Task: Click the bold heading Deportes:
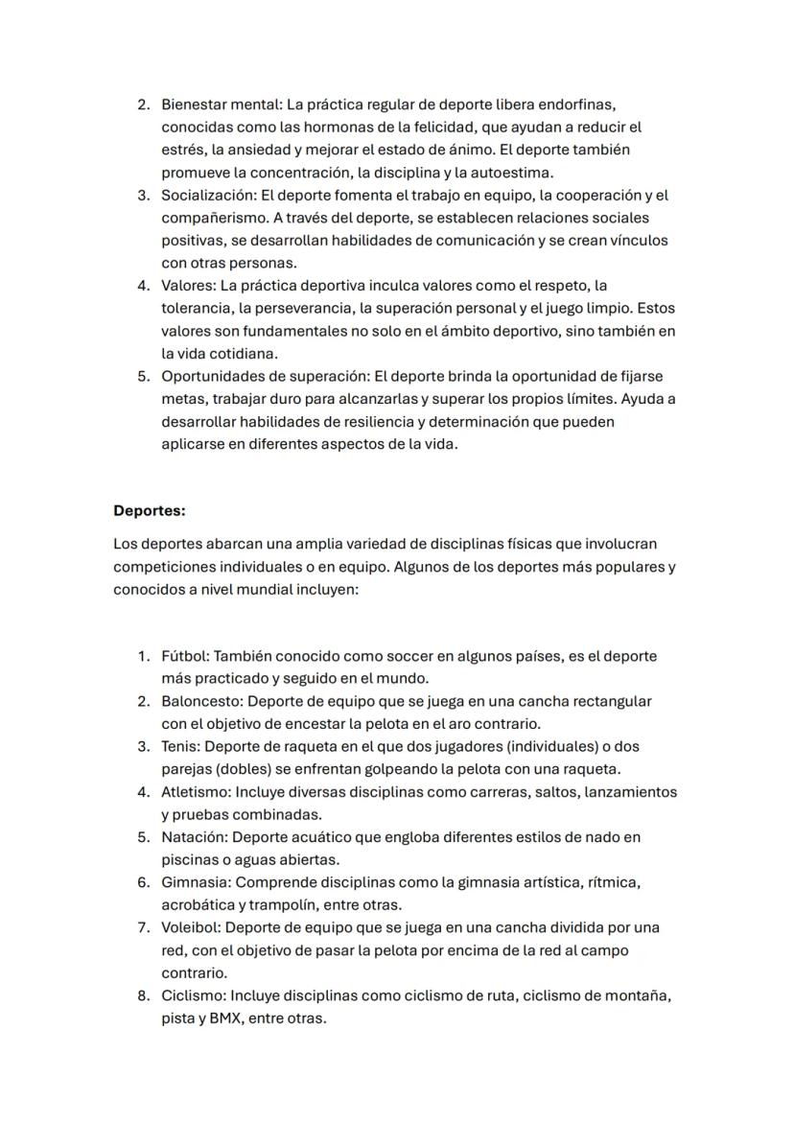tap(149, 510)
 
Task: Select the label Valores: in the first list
tap(188, 286)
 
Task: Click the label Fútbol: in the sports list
tap(185, 657)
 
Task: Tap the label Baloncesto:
tap(202, 702)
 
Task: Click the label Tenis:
tap(181, 747)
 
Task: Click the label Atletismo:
tap(196, 792)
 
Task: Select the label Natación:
tap(195, 837)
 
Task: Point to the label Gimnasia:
tap(196, 882)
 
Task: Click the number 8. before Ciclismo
tap(143, 995)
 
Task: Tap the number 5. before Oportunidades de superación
tap(143, 376)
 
